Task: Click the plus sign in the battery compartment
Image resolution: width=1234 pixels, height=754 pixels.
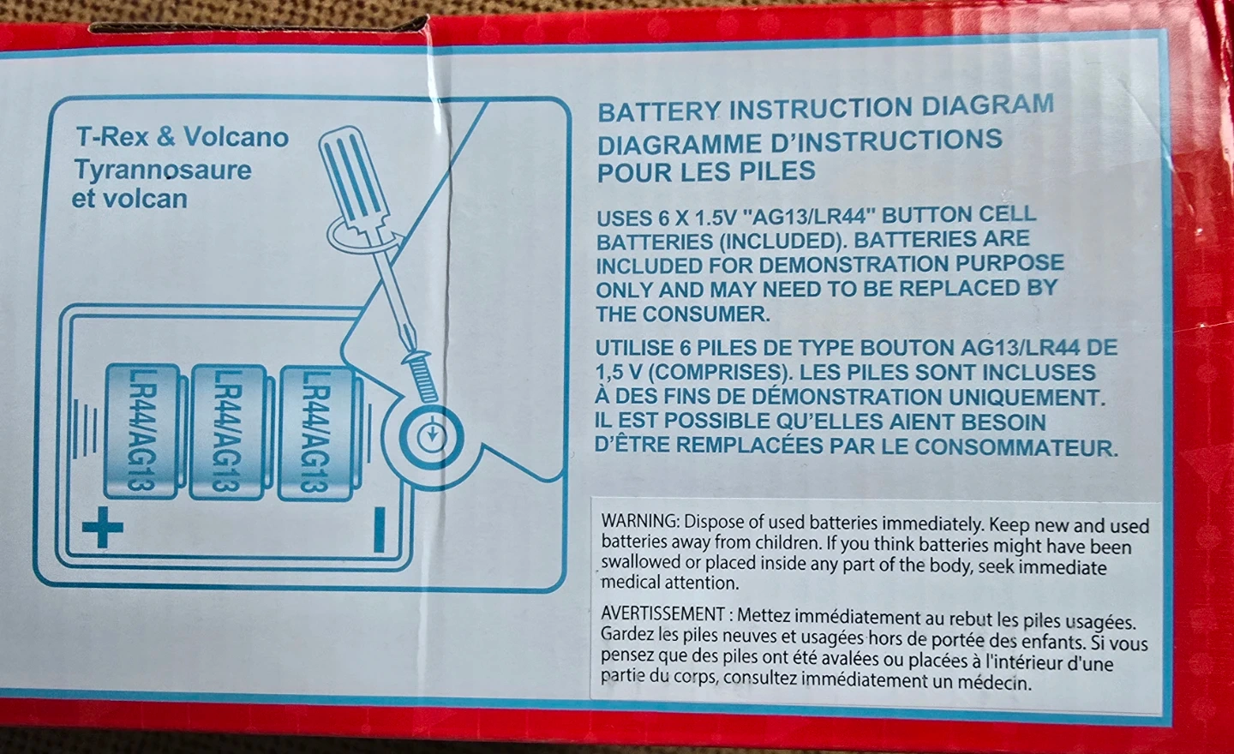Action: pyautogui.click(x=103, y=527)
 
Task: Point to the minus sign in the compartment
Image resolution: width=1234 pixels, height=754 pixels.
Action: pyautogui.click(x=379, y=530)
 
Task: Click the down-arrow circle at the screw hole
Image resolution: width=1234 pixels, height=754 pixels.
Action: pyautogui.click(x=431, y=438)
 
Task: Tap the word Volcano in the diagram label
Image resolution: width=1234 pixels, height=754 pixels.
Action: pyautogui.click(x=236, y=137)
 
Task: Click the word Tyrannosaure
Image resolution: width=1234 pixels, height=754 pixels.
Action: pyautogui.click(x=163, y=170)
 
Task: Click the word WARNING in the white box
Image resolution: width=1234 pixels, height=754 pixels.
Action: pyautogui.click(x=639, y=520)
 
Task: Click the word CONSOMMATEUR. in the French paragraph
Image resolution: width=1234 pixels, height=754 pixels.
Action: pyautogui.click(x=1016, y=448)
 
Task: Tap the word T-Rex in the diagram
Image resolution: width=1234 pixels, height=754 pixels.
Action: pyautogui.click(x=112, y=136)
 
